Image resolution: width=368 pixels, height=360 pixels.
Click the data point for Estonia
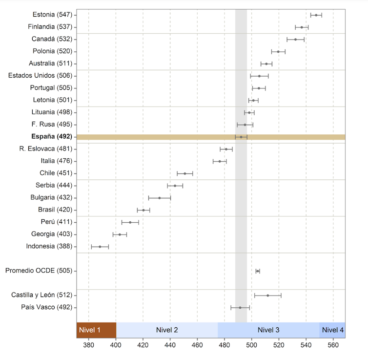(x=316, y=15)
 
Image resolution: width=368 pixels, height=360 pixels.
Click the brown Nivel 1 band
(x=96, y=330)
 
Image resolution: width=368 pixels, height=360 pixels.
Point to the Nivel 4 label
(x=332, y=330)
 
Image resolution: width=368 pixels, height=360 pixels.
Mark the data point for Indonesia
(x=100, y=247)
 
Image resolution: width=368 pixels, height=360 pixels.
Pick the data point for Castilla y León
(x=267, y=296)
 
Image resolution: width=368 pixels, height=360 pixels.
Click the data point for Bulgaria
(x=159, y=198)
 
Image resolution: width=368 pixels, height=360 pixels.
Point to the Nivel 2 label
(x=167, y=330)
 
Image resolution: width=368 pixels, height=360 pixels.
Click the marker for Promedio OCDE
(x=258, y=271)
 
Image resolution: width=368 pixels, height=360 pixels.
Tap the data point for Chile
(x=184, y=173)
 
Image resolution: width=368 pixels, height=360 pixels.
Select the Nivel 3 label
(x=268, y=330)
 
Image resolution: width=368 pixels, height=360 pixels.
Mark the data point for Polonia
(x=278, y=51)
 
